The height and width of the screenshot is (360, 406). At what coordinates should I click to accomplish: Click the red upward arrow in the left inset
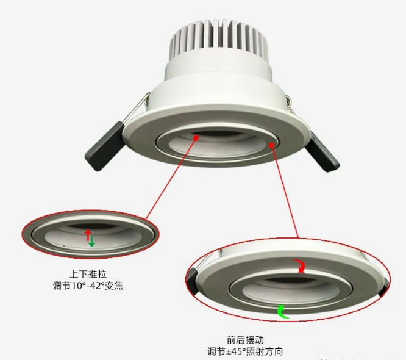tap(88, 235)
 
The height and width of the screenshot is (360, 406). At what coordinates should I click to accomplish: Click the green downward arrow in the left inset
tap(91, 241)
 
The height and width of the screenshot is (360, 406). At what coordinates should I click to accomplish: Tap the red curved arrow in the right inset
tap(300, 265)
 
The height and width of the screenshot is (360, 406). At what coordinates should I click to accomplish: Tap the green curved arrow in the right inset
tap(283, 312)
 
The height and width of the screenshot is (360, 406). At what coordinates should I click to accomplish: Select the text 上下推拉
tap(88, 274)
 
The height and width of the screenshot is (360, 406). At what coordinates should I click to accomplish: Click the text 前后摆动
tap(245, 340)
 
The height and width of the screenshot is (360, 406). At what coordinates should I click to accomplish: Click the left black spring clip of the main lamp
tap(105, 146)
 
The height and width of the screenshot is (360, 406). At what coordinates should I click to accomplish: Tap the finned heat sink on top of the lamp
tap(218, 39)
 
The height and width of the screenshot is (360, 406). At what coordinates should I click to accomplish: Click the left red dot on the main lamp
tap(196, 138)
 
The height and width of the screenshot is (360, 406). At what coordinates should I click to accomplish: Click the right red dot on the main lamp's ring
tap(271, 145)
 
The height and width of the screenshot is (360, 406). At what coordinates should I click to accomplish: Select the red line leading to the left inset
tap(171, 179)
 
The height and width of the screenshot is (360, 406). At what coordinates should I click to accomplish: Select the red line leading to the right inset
tap(285, 192)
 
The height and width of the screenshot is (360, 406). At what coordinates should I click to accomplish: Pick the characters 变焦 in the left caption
tap(113, 286)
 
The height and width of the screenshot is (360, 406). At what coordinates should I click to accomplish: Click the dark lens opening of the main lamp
tap(217, 134)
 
